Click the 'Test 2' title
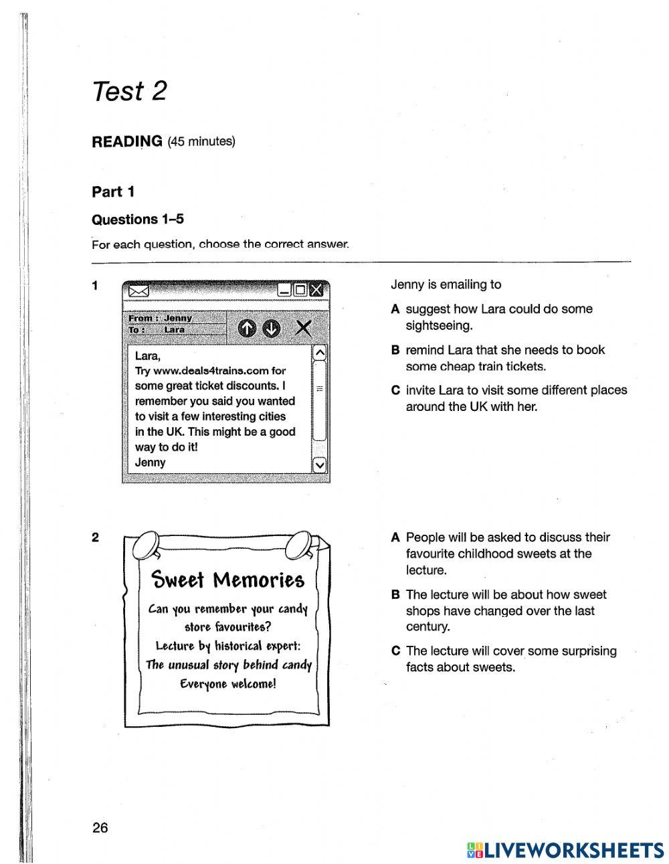(129, 91)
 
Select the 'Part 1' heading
(113, 192)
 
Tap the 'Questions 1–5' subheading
(137, 220)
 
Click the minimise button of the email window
(284, 290)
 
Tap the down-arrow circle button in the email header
(271, 328)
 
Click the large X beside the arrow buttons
(303, 328)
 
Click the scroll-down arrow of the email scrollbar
(319, 464)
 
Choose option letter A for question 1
(395, 309)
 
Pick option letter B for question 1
(395, 350)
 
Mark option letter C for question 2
(395, 651)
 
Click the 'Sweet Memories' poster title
(227, 580)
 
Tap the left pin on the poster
(147, 546)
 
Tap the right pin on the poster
(298, 546)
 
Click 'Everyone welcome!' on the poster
(227, 684)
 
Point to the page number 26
(100, 828)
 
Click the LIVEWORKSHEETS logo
(565, 850)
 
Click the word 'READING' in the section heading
(127, 141)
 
